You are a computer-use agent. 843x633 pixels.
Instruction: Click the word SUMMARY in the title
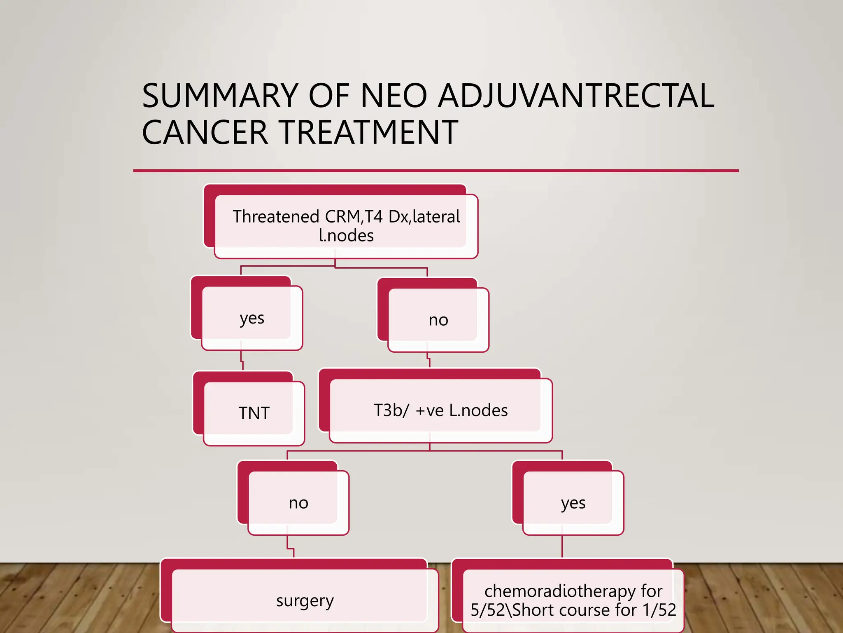point(220,96)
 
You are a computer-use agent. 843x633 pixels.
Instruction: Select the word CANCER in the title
point(205,133)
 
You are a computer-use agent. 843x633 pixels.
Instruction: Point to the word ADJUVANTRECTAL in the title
point(576,96)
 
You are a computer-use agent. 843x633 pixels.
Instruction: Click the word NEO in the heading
point(394,96)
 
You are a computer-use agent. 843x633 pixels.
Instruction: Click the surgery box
point(305,601)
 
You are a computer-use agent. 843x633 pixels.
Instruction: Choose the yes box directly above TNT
point(252,318)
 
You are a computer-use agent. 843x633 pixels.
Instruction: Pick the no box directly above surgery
point(298,503)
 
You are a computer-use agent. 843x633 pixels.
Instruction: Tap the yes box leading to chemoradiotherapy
point(573,503)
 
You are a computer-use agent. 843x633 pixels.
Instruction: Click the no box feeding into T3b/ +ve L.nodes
point(438,320)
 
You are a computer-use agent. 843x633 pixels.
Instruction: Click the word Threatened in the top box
point(276,217)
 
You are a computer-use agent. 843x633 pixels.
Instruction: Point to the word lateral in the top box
point(436,217)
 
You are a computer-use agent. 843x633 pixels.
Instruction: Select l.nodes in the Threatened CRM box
point(346,236)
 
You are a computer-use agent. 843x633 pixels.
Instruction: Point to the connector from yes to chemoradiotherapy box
point(562,546)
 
